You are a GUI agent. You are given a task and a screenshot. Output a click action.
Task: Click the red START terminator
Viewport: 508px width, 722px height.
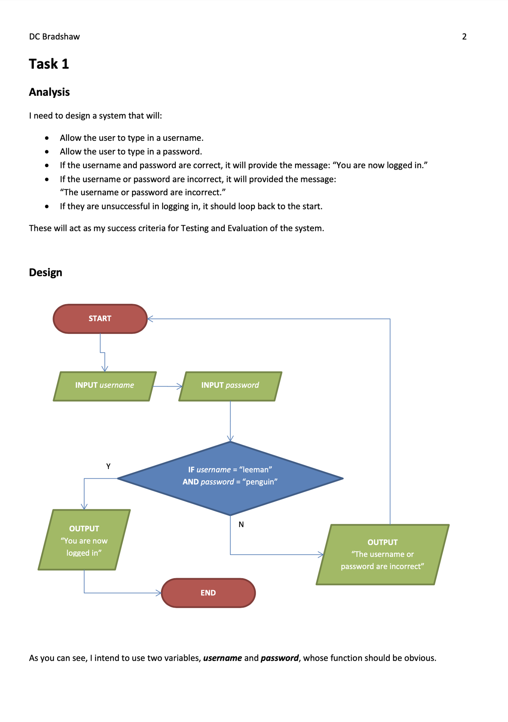(x=100, y=319)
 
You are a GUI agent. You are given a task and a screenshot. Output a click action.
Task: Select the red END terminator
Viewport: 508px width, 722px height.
(x=208, y=593)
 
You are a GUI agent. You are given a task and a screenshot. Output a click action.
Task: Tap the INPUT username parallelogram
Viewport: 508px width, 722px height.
(x=105, y=386)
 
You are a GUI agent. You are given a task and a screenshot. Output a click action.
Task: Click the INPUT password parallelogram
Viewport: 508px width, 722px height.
(x=230, y=386)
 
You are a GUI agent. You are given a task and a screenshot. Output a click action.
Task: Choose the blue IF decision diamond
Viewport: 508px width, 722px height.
(x=230, y=478)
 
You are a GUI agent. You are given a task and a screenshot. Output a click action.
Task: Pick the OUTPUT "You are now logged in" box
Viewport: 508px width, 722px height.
(x=84, y=540)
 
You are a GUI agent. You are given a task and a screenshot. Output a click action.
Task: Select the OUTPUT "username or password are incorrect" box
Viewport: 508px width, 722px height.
(x=382, y=554)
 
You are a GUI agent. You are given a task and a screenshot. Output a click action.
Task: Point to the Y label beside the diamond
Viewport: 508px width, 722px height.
(x=108, y=466)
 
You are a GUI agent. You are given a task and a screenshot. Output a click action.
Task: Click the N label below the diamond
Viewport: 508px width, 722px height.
(x=241, y=525)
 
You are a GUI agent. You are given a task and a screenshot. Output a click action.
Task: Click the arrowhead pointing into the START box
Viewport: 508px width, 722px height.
(x=150, y=319)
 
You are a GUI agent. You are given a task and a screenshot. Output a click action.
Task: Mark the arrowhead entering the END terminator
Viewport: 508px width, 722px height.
(x=158, y=593)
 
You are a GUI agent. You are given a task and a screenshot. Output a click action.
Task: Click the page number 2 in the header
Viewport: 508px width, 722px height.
(x=464, y=37)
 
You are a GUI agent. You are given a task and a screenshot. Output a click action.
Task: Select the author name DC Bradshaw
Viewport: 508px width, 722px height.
(x=54, y=37)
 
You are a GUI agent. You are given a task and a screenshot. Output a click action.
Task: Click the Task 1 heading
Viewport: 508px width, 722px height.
(x=49, y=64)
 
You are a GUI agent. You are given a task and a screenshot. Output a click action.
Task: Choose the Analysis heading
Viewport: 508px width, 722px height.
(x=49, y=92)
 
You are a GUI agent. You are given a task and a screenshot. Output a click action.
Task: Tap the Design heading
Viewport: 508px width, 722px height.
(x=45, y=272)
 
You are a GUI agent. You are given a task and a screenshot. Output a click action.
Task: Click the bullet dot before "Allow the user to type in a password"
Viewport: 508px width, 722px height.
(x=47, y=152)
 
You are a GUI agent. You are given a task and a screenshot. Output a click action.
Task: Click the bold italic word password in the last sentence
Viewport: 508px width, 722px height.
(x=279, y=658)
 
